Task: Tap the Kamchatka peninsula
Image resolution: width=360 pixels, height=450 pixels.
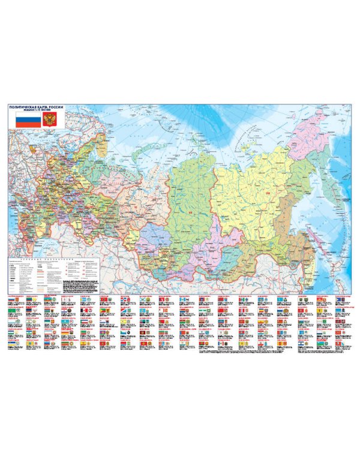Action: (331, 180)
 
